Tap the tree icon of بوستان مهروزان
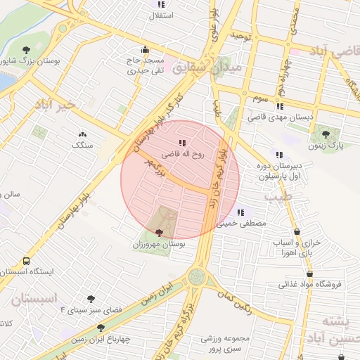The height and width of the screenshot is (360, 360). [x=159, y=233]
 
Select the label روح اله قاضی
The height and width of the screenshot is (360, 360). [x=183, y=153]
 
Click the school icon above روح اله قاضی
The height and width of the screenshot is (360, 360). [x=183, y=143]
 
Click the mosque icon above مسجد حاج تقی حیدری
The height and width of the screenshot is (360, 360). [x=146, y=50]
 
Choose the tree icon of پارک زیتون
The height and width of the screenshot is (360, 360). [x=325, y=133]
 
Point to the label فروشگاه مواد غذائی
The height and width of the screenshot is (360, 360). [x=310, y=284]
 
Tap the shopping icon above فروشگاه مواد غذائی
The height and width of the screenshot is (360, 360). [x=310, y=274]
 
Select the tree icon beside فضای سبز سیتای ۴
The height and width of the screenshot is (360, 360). [x=90, y=299]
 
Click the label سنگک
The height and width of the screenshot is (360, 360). [x=82, y=144]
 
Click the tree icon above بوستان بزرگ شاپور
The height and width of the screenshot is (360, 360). [x=26, y=50]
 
